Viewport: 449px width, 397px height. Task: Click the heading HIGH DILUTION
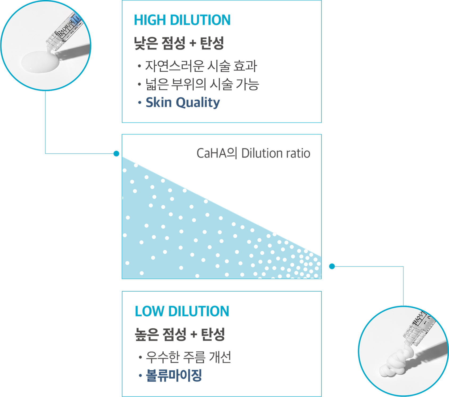click(182, 20)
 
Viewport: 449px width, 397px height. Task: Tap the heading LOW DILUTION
click(182, 311)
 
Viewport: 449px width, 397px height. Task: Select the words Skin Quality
click(183, 102)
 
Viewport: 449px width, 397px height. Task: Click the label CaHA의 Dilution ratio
click(253, 154)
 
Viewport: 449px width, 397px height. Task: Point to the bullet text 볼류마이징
click(174, 375)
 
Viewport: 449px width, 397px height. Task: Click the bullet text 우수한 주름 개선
click(188, 357)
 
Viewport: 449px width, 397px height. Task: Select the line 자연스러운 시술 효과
click(201, 66)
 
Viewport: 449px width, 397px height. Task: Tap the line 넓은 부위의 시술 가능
click(202, 84)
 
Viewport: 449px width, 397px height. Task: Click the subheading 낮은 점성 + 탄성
click(179, 43)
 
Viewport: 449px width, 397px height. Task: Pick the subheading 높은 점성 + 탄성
click(180, 334)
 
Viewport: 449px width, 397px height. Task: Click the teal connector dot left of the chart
click(116, 154)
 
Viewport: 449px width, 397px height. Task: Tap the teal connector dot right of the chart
click(332, 266)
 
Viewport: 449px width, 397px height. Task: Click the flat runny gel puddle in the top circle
click(40, 62)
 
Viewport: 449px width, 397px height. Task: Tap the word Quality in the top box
click(198, 102)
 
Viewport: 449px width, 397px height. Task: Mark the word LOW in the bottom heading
click(149, 311)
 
